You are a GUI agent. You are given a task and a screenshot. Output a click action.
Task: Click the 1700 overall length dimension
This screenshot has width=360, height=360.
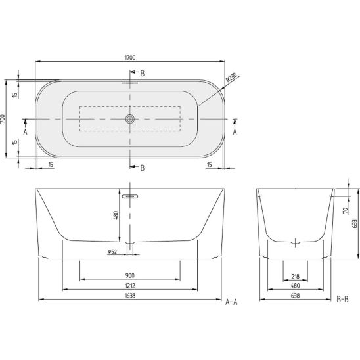(x=130, y=58)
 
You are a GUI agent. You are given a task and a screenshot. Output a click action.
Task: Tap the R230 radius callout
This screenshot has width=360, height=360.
(x=231, y=78)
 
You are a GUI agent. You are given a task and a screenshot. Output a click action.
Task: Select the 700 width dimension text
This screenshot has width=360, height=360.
(x=3, y=119)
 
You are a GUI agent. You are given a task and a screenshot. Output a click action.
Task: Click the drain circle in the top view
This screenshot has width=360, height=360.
(x=130, y=119)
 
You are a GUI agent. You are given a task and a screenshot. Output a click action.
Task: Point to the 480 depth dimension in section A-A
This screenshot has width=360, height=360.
(x=116, y=215)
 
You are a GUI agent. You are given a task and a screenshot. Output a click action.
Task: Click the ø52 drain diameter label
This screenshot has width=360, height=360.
(x=112, y=252)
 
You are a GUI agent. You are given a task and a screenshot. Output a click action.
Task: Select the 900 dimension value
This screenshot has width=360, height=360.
(x=130, y=275)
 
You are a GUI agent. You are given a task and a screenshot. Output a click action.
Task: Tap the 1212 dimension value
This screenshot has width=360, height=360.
(x=130, y=285)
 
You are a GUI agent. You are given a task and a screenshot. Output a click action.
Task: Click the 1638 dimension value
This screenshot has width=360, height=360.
(x=130, y=296)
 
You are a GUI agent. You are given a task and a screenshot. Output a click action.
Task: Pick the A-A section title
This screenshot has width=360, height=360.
(x=231, y=302)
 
